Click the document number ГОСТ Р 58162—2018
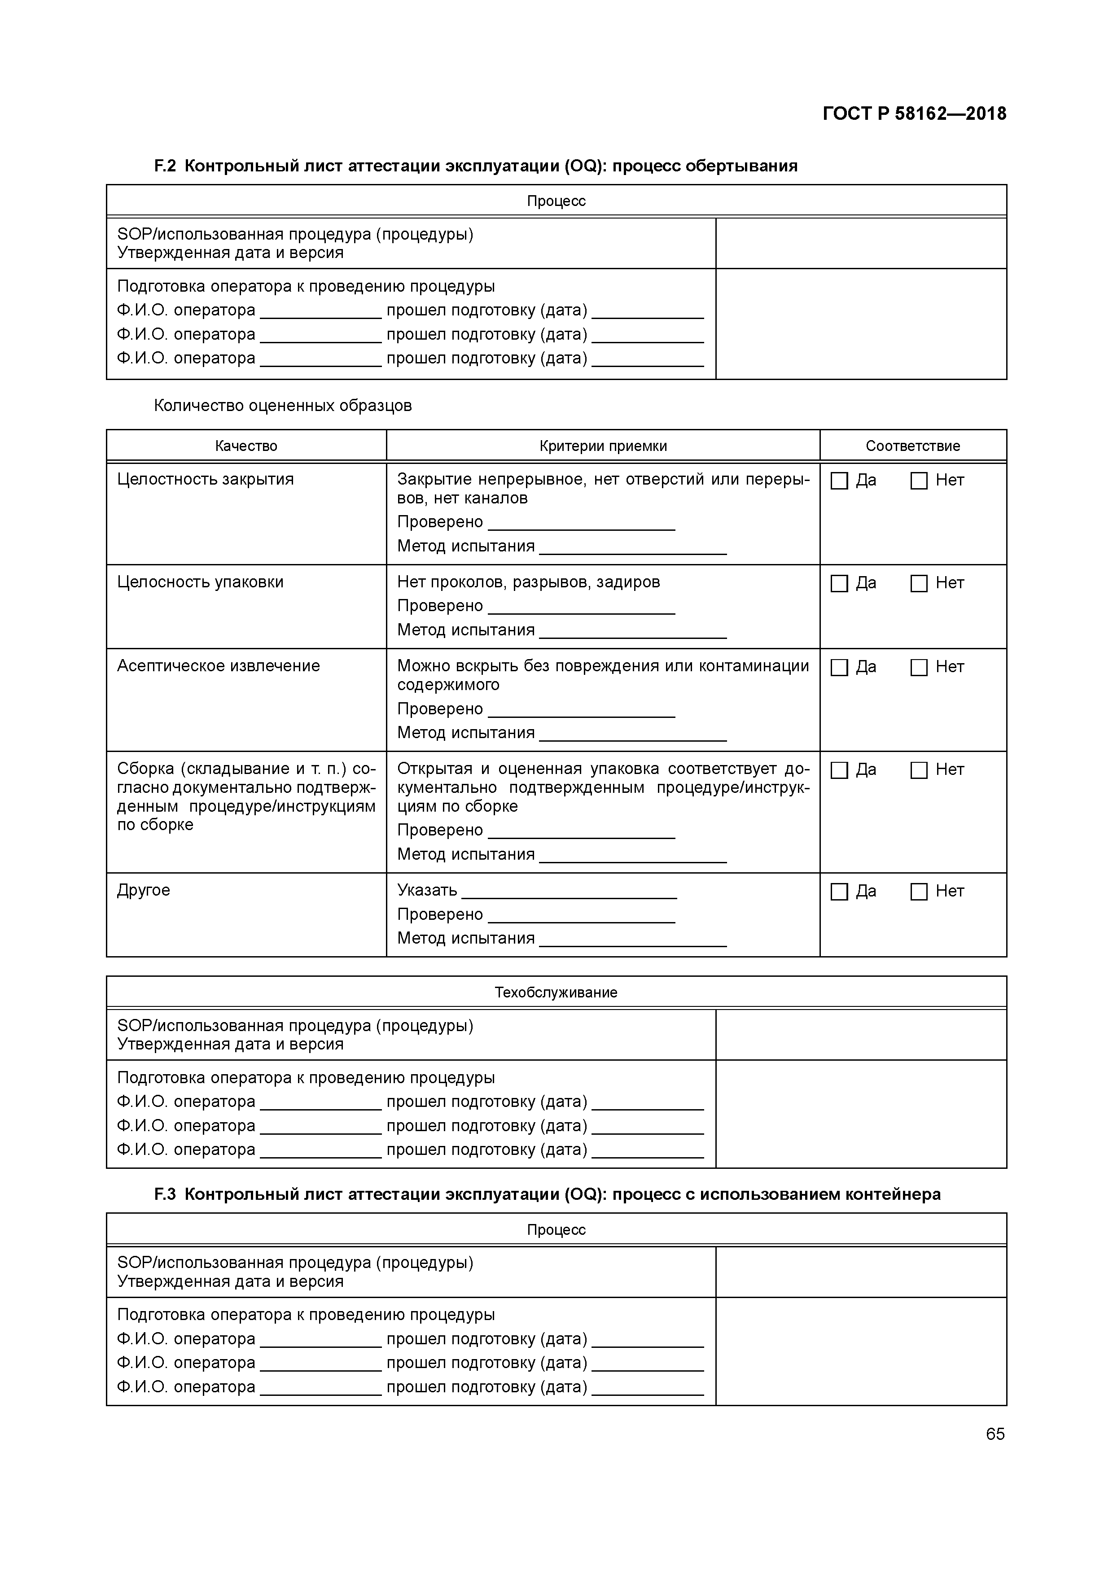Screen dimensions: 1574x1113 point(914,114)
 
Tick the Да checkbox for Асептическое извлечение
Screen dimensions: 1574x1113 point(839,668)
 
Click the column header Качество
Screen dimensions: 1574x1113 point(246,446)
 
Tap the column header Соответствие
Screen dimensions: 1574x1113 point(913,446)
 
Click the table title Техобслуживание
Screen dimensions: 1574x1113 point(556,992)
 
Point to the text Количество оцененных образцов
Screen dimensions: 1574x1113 point(283,406)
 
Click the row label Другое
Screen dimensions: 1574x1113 point(143,891)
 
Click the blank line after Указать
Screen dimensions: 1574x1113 point(569,892)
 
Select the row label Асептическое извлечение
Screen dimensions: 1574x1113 point(218,666)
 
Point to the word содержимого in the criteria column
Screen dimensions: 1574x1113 point(448,685)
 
